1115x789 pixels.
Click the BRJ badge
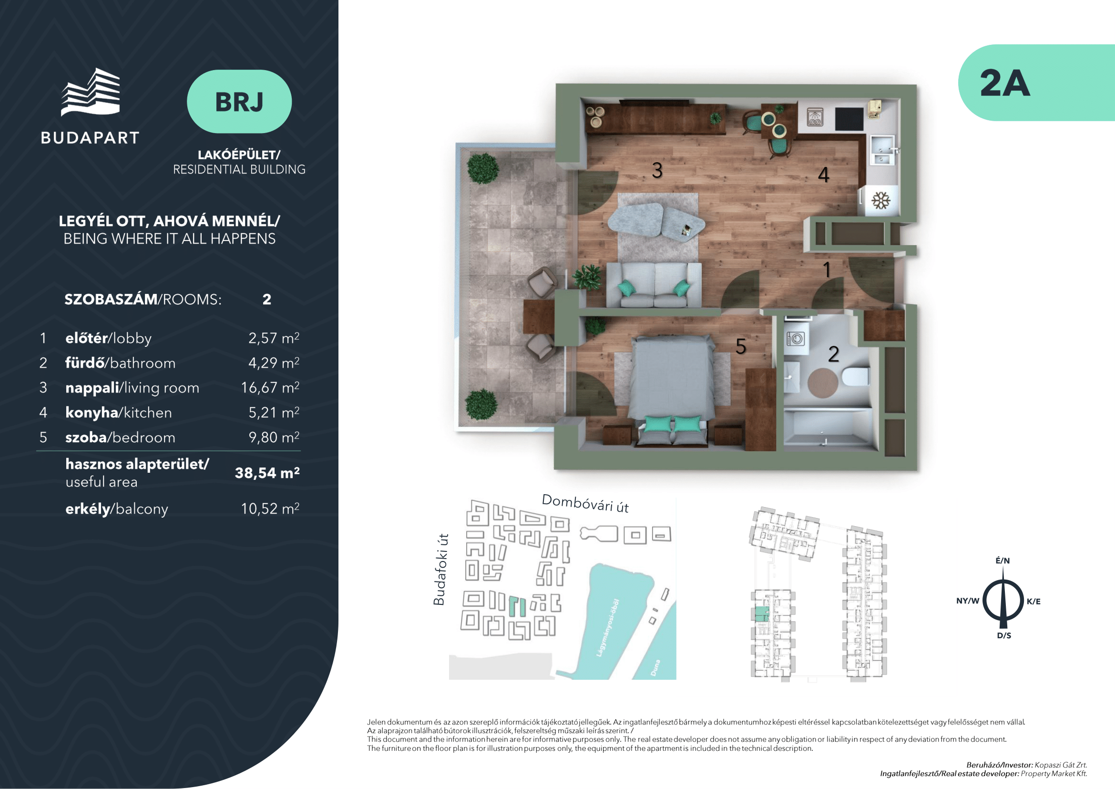click(x=239, y=102)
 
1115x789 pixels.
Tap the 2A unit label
click(x=1004, y=83)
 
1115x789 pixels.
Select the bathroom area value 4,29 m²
click(x=274, y=363)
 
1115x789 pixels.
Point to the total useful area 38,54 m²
click(x=267, y=473)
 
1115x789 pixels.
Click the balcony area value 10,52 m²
click(x=270, y=509)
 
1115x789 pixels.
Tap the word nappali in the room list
click(x=92, y=388)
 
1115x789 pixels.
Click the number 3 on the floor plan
click(x=657, y=170)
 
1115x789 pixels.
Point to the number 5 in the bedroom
click(x=741, y=346)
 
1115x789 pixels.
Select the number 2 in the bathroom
click(x=833, y=354)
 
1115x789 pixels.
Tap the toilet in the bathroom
click(x=856, y=376)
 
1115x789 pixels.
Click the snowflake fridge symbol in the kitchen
click(x=880, y=200)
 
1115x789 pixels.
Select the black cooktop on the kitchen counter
click(x=849, y=119)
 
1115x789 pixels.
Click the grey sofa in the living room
click(x=654, y=285)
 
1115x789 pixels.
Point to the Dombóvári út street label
click(x=585, y=503)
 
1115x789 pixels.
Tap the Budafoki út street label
click(x=440, y=570)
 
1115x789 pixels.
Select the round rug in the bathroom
click(x=823, y=383)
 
